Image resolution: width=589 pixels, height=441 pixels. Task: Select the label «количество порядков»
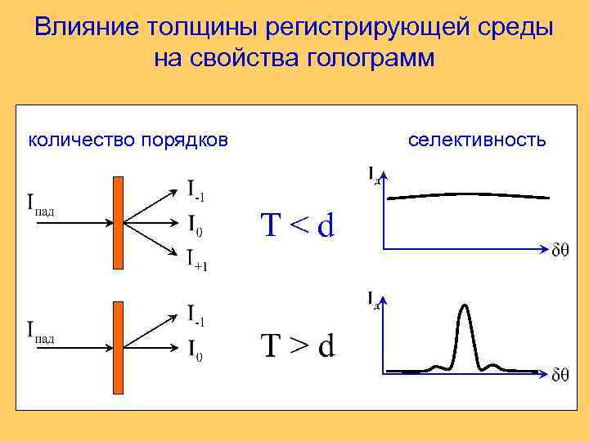[128, 140]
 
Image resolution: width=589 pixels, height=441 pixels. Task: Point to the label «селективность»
[477, 140]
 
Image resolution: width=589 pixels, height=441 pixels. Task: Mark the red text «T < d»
[298, 224]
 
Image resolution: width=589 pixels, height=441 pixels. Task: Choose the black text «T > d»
[298, 345]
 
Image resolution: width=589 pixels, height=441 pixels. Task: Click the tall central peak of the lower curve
[465, 310]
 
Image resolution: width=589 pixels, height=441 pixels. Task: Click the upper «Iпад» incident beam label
[40, 204]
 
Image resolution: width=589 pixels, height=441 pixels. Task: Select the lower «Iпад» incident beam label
[40, 332]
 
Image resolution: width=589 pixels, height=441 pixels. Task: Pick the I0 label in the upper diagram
[195, 224]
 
